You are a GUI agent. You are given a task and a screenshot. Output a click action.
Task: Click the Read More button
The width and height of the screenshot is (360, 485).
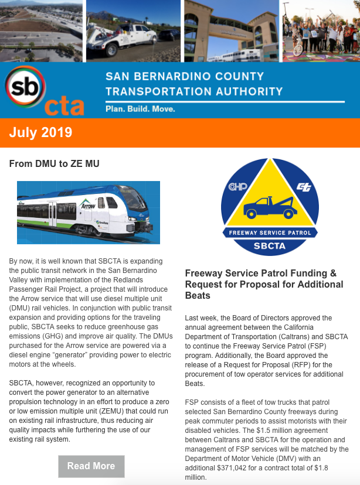(91, 466)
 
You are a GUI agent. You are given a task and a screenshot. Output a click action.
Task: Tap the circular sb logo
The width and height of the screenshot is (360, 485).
(23, 87)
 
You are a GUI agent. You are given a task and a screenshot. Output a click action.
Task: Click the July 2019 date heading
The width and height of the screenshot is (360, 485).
(40, 132)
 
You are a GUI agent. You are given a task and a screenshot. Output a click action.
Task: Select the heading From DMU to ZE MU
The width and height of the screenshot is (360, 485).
(54, 164)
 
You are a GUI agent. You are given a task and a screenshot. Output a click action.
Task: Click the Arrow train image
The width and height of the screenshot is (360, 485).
(89, 212)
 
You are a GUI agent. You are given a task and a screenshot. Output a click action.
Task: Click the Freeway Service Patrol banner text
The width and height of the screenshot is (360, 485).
(270, 232)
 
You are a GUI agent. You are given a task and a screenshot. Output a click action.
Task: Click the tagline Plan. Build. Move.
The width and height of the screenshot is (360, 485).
(140, 109)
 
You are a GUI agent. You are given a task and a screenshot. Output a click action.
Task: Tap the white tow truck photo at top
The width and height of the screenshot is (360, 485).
(133, 30)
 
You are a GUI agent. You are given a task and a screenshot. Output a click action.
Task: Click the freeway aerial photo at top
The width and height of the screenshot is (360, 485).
(41, 30)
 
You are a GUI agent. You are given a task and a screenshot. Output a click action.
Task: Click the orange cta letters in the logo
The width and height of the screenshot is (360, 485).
(64, 106)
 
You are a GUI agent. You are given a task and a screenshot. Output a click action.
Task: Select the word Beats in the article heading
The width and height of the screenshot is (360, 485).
(198, 296)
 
